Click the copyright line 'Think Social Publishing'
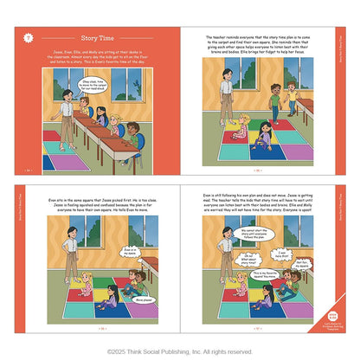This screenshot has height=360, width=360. pyautogui.click(x=179, y=351)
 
